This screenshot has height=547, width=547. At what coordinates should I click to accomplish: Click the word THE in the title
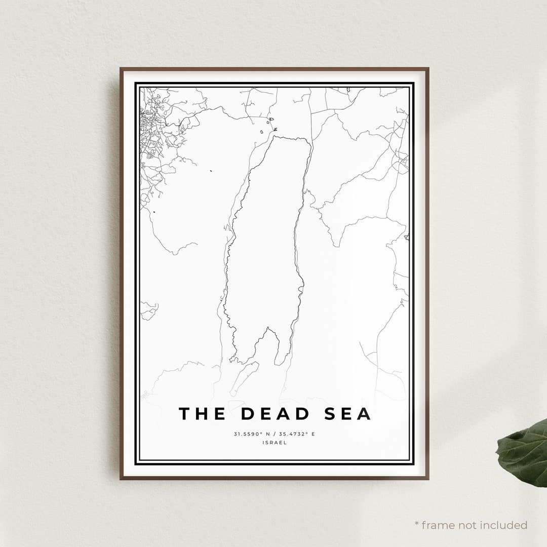202,414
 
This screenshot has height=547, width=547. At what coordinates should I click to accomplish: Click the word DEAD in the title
275,414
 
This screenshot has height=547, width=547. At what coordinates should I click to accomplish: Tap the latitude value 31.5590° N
251,434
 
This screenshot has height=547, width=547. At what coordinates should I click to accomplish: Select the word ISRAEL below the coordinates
275,442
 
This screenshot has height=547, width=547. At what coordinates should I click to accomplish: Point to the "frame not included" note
471,525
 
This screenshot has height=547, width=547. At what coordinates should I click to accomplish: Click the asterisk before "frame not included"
416,524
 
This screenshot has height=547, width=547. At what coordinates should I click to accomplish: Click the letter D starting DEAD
248,414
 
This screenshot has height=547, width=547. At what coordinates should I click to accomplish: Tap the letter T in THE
184,414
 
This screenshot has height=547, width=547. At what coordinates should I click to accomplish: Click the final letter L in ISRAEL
285,442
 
